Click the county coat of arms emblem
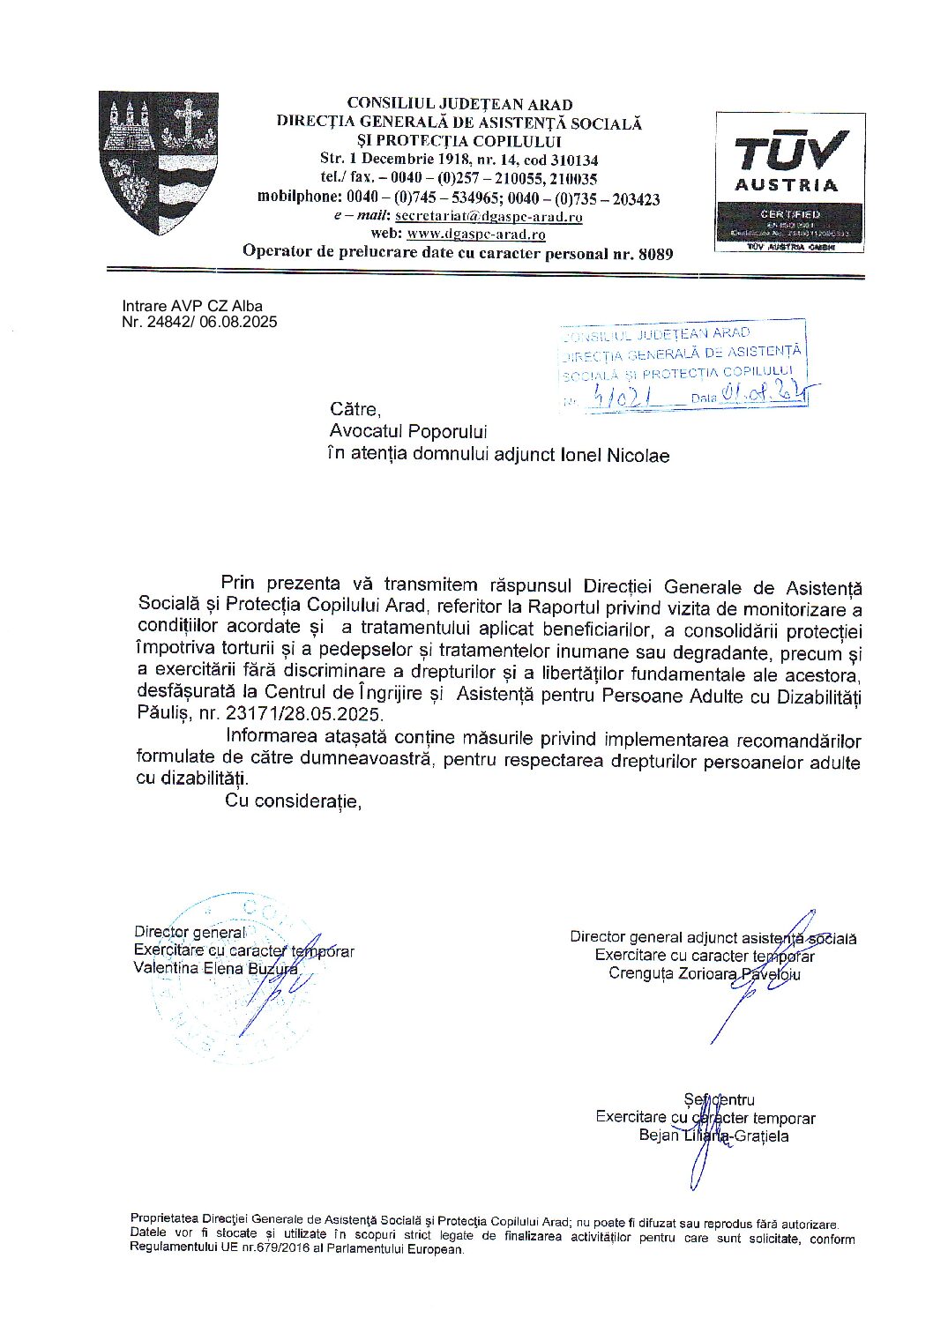click(158, 162)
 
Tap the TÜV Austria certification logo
click(789, 182)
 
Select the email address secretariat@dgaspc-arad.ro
click(489, 216)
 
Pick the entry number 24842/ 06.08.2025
click(199, 322)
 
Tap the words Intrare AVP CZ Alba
click(192, 307)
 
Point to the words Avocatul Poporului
click(407, 432)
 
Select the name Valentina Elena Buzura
click(215, 968)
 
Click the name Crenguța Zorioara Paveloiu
click(704, 974)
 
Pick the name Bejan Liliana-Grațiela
click(713, 1136)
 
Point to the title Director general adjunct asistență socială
click(713, 938)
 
